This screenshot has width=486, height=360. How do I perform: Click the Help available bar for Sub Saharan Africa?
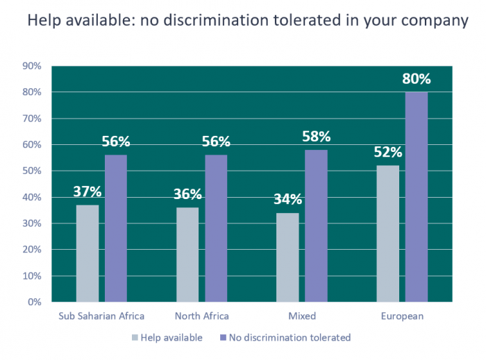[x=87, y=253]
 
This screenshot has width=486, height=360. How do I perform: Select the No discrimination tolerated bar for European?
[x=416, y=197]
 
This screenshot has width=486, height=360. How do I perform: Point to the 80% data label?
[x=416, y=79]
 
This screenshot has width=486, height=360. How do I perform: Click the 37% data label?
[x=87, y=191]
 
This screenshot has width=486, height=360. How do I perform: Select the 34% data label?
[x=287, y=200]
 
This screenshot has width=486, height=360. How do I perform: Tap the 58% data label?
[x=316, y=137]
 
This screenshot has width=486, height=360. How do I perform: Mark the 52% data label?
[x=387, y=153]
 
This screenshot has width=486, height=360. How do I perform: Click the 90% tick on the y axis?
[x=33, y=66]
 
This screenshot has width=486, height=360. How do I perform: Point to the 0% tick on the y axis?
[x=35, y=302]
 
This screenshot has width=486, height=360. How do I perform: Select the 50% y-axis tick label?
[x=33, y=171]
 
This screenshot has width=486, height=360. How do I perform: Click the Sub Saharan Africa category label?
[x=101, y=316]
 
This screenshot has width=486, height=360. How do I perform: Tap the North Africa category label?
[x=201, y=316]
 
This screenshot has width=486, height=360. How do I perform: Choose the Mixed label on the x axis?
[x=301, y=316]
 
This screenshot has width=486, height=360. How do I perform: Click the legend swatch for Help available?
[x=134, y=338]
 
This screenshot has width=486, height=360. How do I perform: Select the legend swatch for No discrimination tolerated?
[x=223, y=338]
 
